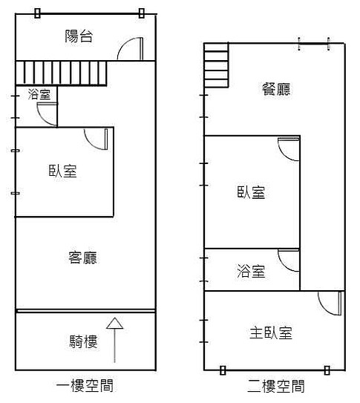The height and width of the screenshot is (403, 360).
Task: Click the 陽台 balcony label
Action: click(x=79, y=36)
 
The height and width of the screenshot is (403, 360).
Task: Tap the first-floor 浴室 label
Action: click(x=39, y=94)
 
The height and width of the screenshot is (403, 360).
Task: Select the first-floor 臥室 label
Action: click(x=63, y=171)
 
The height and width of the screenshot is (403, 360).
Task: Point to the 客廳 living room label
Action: click(x=82, y=258)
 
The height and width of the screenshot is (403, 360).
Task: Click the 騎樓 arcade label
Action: click(x=83, y=341)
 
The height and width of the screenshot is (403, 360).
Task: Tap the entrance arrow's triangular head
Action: click(x=114, y=324)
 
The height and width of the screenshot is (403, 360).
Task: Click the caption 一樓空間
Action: click(x=85, y=385)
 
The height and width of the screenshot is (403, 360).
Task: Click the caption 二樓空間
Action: click(x=276, y=386)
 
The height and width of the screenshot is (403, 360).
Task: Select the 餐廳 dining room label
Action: click(x=276, y=89)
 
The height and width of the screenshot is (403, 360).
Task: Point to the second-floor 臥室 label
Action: click(x=251, y=192)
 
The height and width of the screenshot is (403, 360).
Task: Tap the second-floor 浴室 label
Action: click(x=251, y=271)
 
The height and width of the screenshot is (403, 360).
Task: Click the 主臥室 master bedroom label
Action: click(x=271, y=332)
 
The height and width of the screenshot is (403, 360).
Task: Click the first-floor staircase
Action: click(x=61, y=73)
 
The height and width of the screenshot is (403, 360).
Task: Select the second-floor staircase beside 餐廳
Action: click(x=216, y=65)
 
